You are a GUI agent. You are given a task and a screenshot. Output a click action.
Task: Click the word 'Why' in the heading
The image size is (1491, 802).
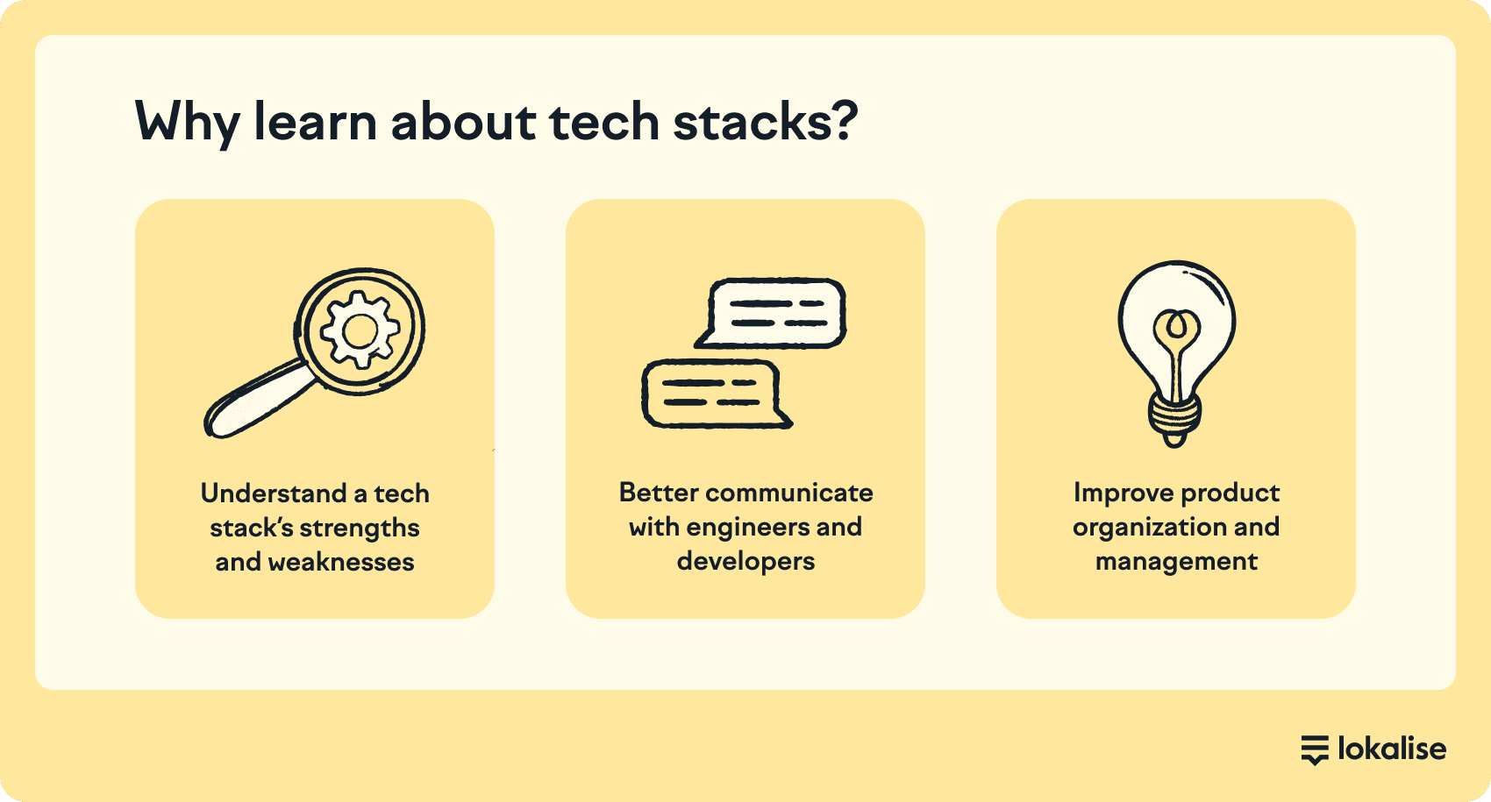pos(187,124)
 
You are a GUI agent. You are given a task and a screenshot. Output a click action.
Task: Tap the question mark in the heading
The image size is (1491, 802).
pos(844,120)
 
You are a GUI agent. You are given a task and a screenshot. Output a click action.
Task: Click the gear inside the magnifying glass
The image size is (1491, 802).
pos(360,330)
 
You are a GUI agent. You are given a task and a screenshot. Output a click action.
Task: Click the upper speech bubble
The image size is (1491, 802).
pos(771,313)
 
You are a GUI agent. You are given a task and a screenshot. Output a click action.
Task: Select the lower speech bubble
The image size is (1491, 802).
pos(717,394)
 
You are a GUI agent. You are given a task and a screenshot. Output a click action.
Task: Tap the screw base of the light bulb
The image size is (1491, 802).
pos(1175,419)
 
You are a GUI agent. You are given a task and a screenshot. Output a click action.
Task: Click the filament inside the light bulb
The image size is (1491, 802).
pos(1177,352)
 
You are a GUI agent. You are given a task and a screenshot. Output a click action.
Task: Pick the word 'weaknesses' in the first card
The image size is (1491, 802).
pos(341,563)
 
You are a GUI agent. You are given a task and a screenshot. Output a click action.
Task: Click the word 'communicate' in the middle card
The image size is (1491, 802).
pos(788,493)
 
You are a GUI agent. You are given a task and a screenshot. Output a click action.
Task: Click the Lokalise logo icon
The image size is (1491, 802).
pos(1315,750)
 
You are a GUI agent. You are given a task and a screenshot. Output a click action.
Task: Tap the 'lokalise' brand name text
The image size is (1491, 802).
pos(1393,749)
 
